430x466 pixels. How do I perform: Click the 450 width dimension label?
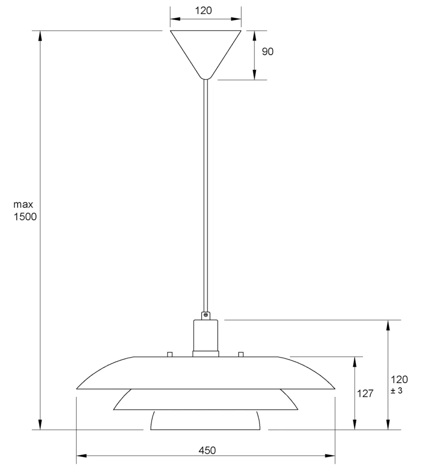click(207, 450)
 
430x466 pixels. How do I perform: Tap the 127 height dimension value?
click(365, 393)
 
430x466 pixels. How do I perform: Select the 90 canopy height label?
click(267, 51)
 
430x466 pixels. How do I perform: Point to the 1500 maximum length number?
click(25, 217)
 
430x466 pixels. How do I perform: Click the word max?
click(23, 204)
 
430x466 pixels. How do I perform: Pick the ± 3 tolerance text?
click(396, 390)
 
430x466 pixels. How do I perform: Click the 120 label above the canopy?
click(204, 10)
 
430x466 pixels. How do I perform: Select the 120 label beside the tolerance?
click(399, 379)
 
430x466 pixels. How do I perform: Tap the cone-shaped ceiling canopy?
click(205, 50)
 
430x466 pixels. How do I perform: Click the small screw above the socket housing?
click(205, 315)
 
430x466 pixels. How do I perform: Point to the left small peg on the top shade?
click(170, 354)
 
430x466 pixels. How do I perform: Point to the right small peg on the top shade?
click(241, 354)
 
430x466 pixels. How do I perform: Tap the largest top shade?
click(205, 372)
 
